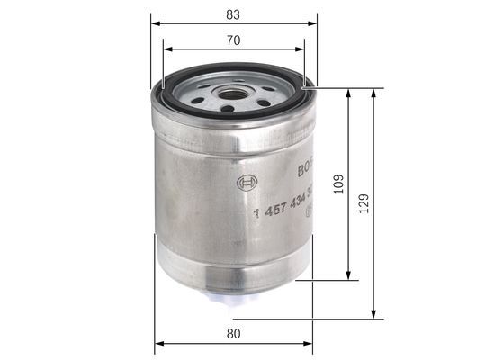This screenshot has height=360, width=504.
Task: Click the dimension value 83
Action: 232,13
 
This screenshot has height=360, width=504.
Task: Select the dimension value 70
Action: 232,40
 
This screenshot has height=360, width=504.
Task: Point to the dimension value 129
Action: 364,203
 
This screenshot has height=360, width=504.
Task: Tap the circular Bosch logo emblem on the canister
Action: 247,184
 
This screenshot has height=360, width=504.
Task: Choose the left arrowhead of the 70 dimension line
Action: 165,50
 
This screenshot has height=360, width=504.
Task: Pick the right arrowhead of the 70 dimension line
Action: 302,50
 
